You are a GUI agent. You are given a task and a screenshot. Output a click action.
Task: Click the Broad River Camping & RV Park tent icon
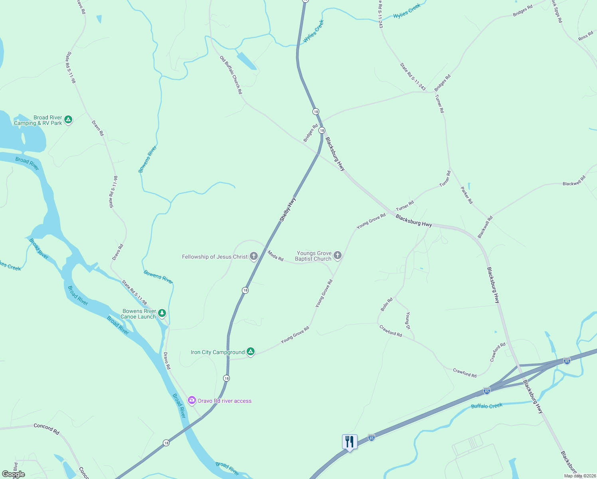point(68,119)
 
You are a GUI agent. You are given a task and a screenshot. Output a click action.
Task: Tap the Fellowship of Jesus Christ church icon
point(253,256)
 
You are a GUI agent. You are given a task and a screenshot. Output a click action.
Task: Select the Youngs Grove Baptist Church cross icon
point(338,255)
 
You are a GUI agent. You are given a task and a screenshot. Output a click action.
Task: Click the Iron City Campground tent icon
point(250,352)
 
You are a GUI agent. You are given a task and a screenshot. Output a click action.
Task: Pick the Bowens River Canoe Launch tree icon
point(162,313)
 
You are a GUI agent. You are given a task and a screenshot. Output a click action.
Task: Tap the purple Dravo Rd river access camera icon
point(192,400)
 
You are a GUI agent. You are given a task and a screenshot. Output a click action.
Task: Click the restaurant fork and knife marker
point(350,442)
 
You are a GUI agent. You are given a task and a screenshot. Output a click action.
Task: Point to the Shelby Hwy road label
point(288,210)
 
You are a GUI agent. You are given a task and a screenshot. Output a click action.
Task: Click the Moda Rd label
point(275,256)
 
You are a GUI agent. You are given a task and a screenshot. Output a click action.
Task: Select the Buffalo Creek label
point(487,406)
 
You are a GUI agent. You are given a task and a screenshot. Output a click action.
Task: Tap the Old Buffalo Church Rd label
point(231,75)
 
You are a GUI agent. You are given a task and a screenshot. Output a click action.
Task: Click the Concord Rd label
point(46,429)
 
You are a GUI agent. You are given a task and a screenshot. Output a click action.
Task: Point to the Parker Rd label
point(467,195)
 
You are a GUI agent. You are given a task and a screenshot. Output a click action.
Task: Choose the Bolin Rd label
point(386,304)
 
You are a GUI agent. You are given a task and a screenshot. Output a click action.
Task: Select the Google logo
point(14,474)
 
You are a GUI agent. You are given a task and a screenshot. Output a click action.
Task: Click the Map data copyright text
point(580,476)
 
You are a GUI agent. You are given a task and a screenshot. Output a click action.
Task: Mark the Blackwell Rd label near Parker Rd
point(485,227)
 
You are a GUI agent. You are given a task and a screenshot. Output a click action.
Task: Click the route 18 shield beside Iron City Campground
point(227,378)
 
